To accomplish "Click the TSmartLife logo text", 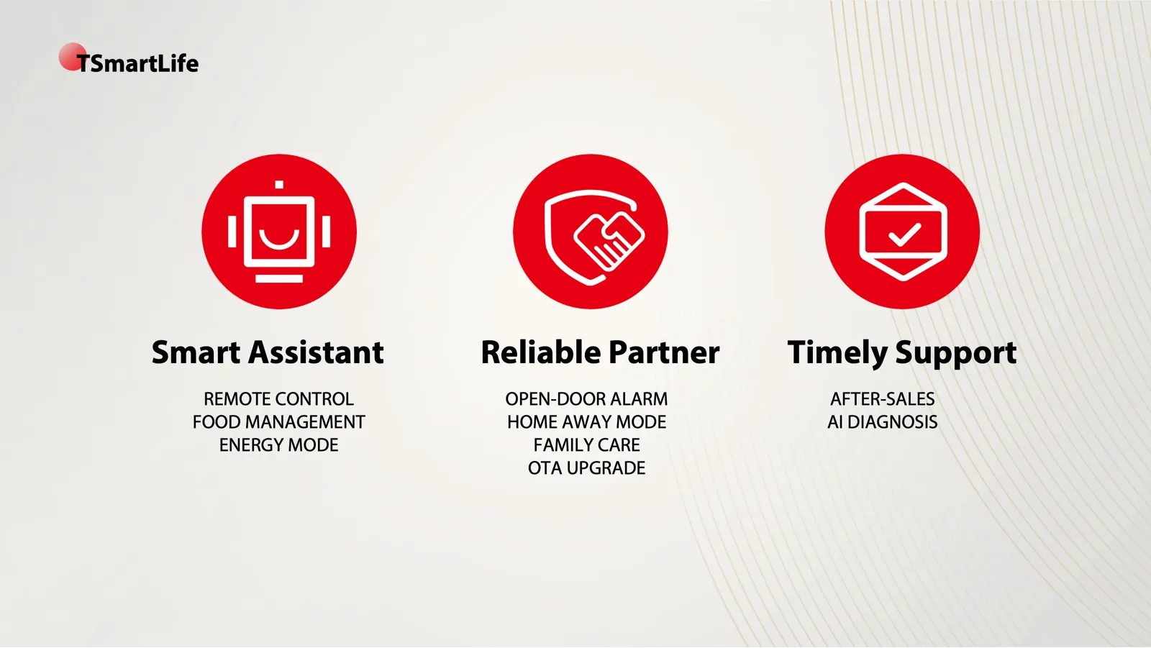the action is pyautogui.click(x=137, y=63).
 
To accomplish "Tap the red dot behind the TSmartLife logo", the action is pyautogui.click(x=70, y=55).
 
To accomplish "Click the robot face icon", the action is pyautogui.click(x=279, y=232).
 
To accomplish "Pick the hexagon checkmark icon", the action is pyautogui.click(x=902, y=232).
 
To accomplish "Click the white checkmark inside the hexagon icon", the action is pyautogui.click(x=904, y=234).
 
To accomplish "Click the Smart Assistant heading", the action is pyautogui.click(x=267, y=352).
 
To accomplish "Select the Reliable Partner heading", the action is pyautogui.click(x=600, y=352).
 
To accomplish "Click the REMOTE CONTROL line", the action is pyautogui.click(x=278, y=398).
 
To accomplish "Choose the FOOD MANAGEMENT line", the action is pyautogui.click(x=278, y=422).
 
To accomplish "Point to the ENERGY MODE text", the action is pyautogui.click(x=278, y=445).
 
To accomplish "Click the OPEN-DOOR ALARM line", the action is pyautogui.click(x=586, y=398).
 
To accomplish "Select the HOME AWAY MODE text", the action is pyautogui.click(x=586, y=422).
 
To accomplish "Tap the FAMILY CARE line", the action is pyautogui.click(x=586, y=445).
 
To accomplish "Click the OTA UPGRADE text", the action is pyautogui.click(x=586, y=468).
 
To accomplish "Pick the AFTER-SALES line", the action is pyautogui.click(x=882, y=398).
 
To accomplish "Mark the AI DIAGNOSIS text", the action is pyautogui.click(x=882, y=422).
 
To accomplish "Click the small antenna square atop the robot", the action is pyautogui.click(x=279, y=185).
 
